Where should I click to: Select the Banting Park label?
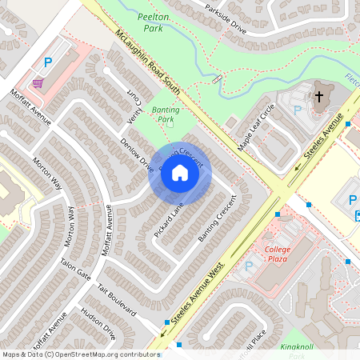pos(166,115)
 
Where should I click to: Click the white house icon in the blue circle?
pos(180,173)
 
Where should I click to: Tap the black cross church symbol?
pos(318,96)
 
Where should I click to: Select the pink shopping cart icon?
pos(37,82)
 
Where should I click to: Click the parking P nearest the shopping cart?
pos(48,62)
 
